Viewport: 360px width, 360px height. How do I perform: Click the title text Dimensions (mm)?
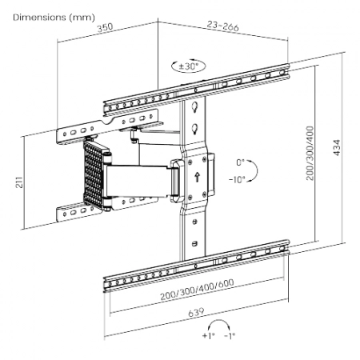54,18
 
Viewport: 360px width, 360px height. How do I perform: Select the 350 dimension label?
105,27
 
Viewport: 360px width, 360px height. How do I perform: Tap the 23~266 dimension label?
223,26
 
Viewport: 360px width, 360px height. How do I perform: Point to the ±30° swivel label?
189,66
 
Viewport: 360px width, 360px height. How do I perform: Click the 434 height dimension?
337,147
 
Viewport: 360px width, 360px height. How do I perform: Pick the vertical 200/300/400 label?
310,153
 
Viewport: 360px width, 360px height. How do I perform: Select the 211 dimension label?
19,182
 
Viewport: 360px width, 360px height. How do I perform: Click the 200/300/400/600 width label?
197,290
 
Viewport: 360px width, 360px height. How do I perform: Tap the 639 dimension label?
196,312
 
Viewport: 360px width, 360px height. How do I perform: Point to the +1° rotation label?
209,335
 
